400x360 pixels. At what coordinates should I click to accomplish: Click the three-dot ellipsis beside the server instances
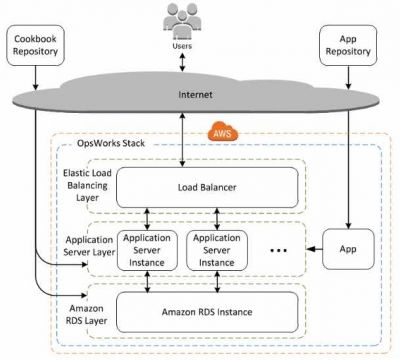[280, 247]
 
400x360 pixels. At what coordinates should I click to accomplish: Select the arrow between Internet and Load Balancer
[183, 140]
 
